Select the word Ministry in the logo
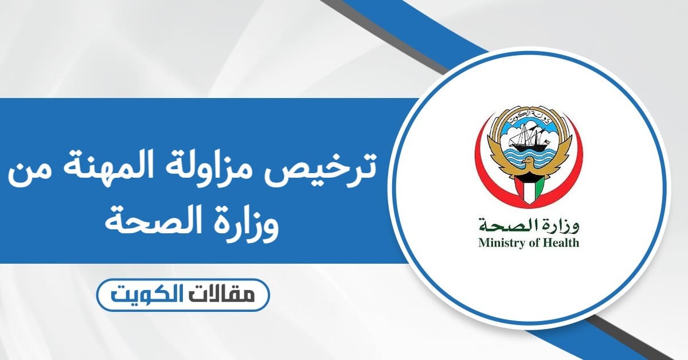pos(499,242)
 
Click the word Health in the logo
pos(562,242)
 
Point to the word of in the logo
pos(534,242)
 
